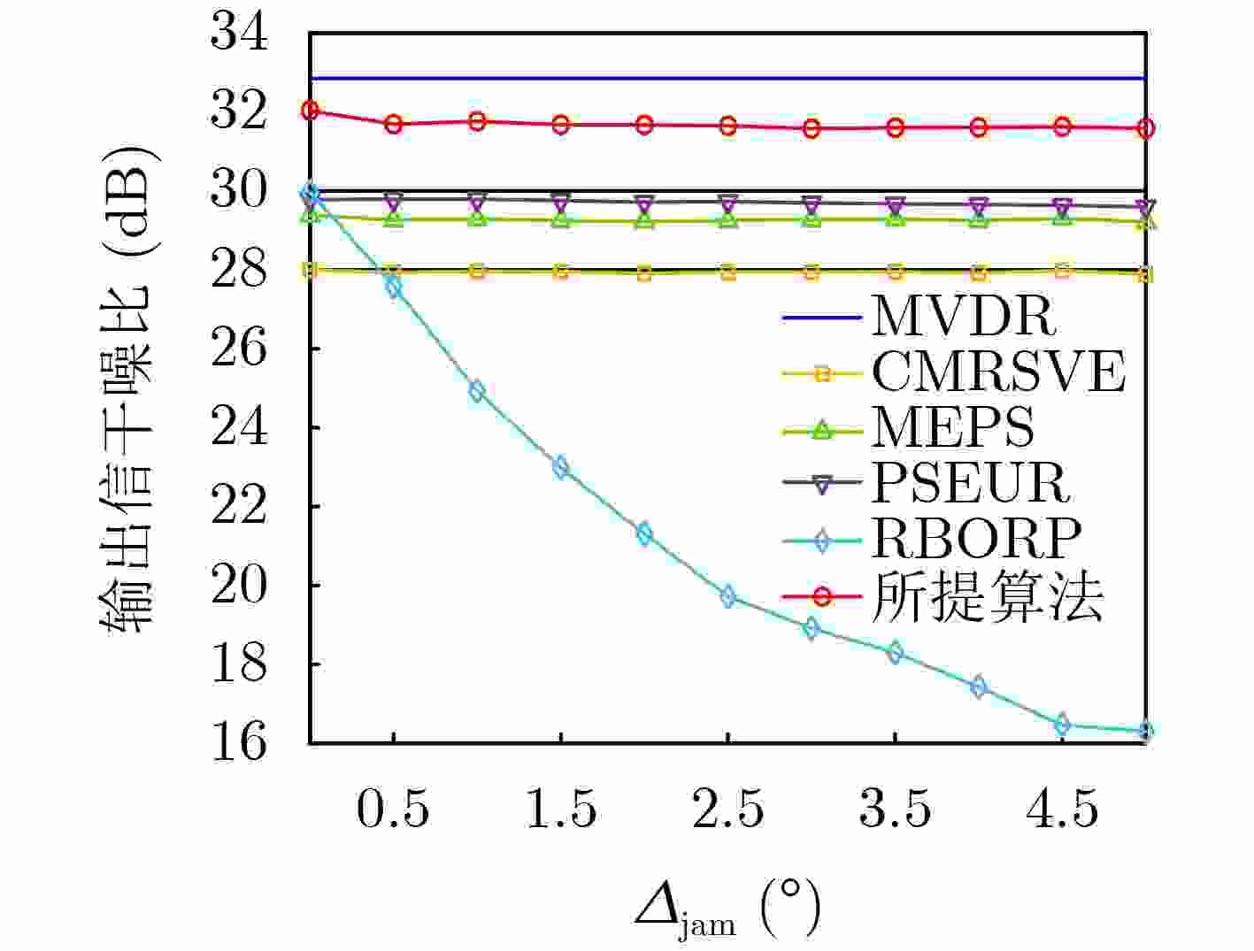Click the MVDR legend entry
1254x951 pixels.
click(x=963, y=316)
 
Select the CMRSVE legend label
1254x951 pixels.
click(x=998, y=372)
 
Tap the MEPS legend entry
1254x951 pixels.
click(x=952, y=428)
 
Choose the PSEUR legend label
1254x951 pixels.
click(x=971, y=483)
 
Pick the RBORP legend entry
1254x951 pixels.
click(x=976, y=538)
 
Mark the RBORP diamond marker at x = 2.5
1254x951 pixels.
click(x=728, y=596)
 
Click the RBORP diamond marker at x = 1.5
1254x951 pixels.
click(x=561, y=467)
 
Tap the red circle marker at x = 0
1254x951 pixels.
click(x=311, y=111)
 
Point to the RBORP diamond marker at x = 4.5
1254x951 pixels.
click(x=1063, y=725)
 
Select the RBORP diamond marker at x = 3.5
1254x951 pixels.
click(x=896, y=653)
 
